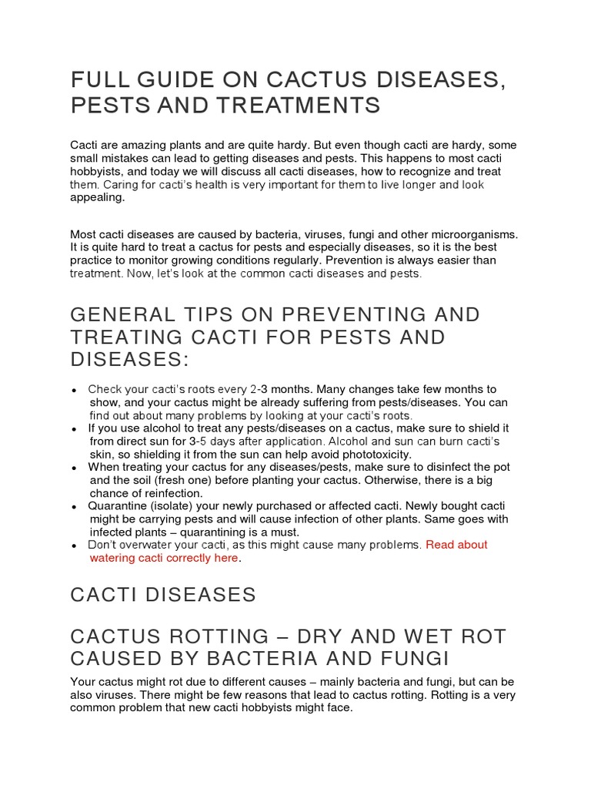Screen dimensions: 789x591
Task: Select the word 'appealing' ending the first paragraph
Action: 96,196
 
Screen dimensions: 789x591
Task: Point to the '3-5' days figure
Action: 202,442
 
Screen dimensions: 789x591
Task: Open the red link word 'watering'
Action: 115,558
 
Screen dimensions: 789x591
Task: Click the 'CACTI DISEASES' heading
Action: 162,595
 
